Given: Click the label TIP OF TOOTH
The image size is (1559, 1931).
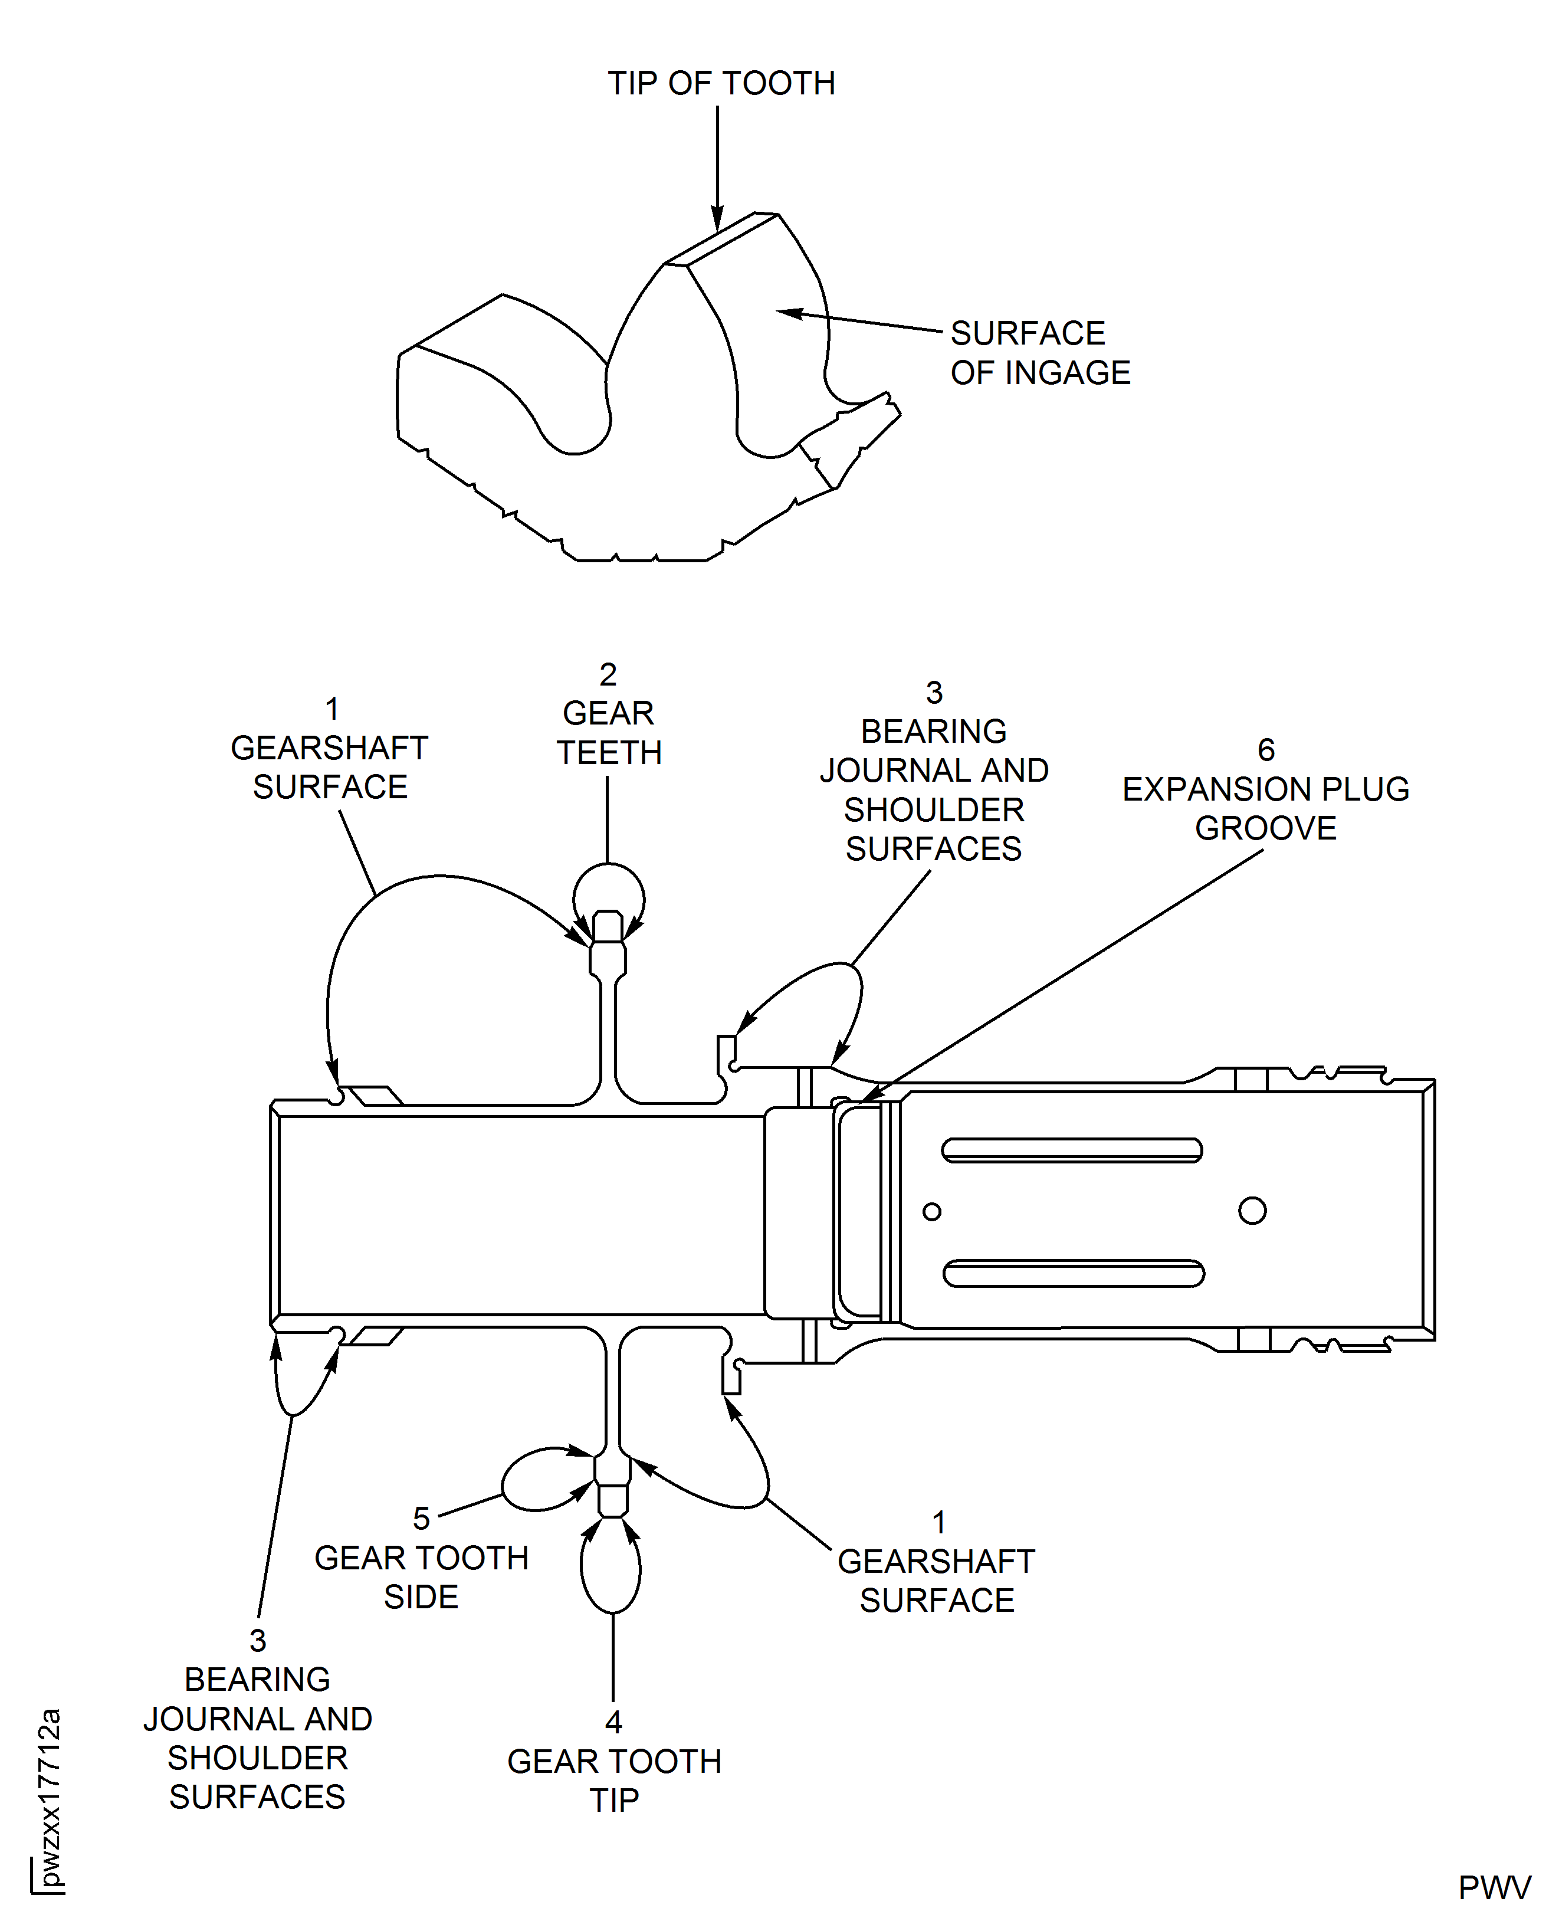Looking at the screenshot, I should (x=721, y=84).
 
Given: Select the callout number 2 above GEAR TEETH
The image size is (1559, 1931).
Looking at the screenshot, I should (x=608, y=674).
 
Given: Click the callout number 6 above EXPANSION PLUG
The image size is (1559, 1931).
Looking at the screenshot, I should (x=1265, y=750).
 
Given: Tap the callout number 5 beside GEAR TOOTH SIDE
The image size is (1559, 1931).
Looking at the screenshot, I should (x=421, y=1519).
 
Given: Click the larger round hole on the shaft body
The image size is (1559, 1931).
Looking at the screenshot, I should (x=1252, y=1211).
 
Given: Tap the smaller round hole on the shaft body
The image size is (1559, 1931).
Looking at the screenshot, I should (x=932, y=1212).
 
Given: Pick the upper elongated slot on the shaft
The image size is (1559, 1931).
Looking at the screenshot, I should (x=1071, y=1150).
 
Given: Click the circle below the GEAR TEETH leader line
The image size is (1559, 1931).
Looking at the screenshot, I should (x=608, y=898).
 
